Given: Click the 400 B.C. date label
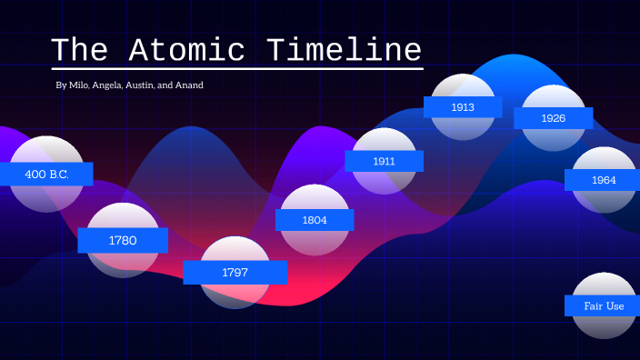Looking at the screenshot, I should pyautogui.click(x=46, y=174).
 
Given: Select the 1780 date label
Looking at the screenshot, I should pyautogui.click(x=123, y=240).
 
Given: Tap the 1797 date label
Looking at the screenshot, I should pyautogui.click(x=235, y=272).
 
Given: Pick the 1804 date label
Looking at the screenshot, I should pyautogui.click(x=315, y=219).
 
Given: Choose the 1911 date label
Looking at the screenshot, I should pyautogui.click(x=384, y=161).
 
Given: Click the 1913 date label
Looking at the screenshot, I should pyautogui.click(x=463, y=107).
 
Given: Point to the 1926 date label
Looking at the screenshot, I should pyautogui.click(x=553, y=118).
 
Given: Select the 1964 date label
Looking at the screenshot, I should pyautogui.click(x=603, y=180).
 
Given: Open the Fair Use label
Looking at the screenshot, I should pyautogui.click(x=603, y=305).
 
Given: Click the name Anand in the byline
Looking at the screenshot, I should pyautogui.click(x=189, y=85).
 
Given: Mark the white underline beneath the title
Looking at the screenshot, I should pyautogui.click(x=237, y=68).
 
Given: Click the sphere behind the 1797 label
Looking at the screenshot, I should pyautogui.click(x=235, y=295).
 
